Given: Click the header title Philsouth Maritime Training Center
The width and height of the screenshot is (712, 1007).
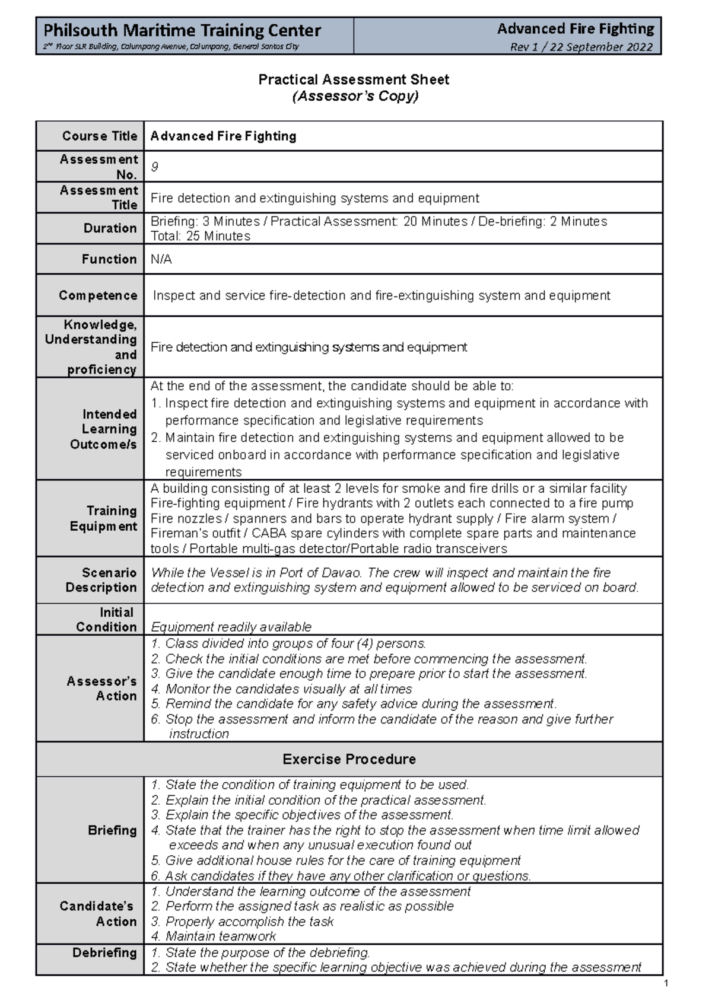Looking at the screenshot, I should pyautogui.click(x=182, y=30).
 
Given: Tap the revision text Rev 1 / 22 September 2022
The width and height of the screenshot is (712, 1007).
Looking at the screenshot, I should pyautogui.click(x=581, y=47).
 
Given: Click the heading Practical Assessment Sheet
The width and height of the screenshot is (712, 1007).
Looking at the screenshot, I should pyautogui.click(x=354, y=79).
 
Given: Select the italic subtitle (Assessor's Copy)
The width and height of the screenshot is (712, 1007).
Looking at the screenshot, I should pyautogui.click(x=355, y=96).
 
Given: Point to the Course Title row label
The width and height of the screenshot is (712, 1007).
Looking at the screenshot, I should pyautogui.click(x=100, y=136).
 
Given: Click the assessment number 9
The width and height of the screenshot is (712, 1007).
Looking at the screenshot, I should pyautogui.click(x=155, y=167).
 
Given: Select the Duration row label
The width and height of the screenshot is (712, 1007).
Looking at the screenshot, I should pyautogui.click(x=110, y=228).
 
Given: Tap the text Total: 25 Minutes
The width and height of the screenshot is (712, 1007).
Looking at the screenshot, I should pyautogui.click(x=201, y=236).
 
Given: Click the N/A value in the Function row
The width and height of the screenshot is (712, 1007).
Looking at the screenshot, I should pyautogui.click(x=161, y=259).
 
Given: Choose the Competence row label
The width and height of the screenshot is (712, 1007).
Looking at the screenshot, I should pyautogui.click(x=98, y=295).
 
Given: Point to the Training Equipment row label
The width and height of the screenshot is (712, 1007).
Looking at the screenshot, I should pyautogui.click(x=104, y=518).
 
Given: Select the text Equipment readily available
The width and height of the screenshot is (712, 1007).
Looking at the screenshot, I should pyautogui.click(x=231, y=627).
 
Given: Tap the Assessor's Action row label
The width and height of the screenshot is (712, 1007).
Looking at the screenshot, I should pyautogui.click(x=102, y=688).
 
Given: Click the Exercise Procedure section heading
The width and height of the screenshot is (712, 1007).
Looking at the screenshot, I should pyautogui.click(x=349, y=759).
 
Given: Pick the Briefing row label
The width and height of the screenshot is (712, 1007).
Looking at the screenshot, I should pyautogui.click(x=112, y=830).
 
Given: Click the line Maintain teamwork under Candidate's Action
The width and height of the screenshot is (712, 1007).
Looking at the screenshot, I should pyautogui.click(x=220, y=936).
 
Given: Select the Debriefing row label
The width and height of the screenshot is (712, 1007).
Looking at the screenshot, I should pyautogui.click(x=104, y=952).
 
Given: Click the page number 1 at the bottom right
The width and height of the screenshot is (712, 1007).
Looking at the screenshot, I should pyautogui.click(x=666, y=984).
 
